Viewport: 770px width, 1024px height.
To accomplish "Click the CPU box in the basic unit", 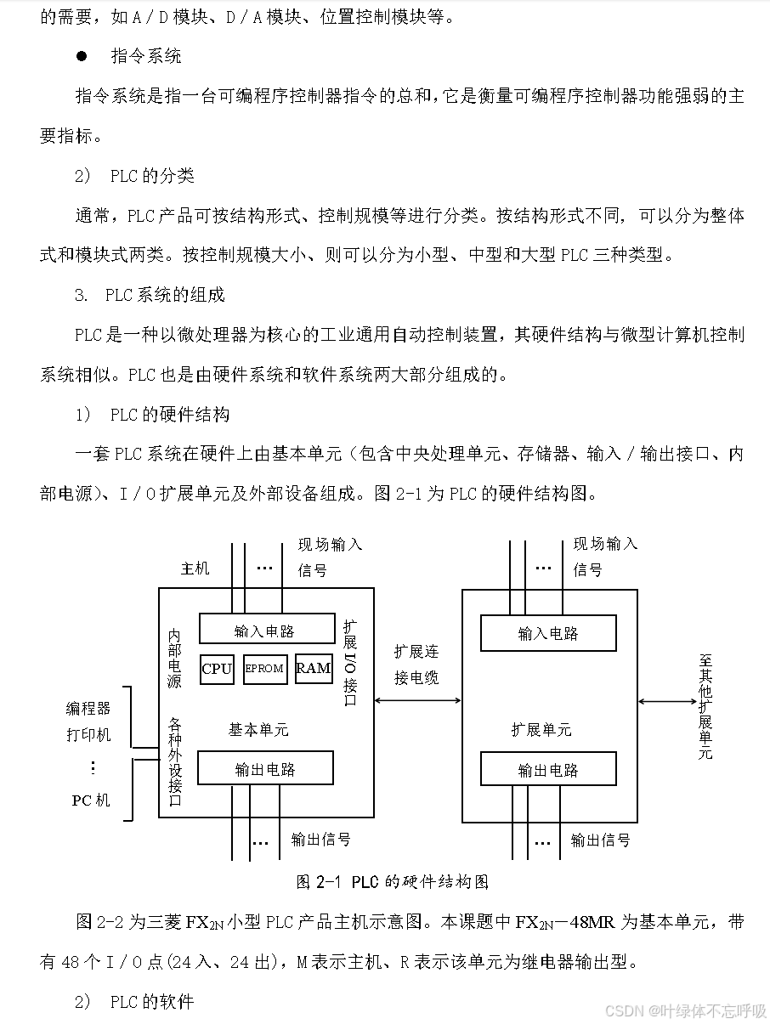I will pos(217,669).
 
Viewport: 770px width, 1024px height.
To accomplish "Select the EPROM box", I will pos(264,669).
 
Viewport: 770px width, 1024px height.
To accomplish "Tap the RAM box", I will pos(313,668).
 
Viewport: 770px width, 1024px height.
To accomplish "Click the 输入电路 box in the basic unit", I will pos(266,630).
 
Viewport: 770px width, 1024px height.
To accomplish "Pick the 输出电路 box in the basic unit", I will pos(265,769).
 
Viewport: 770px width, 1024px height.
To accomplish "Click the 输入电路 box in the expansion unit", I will pos(548,633).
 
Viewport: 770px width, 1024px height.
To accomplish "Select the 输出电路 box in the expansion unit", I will pos(548,770).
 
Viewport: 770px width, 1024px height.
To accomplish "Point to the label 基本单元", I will pos(258,729).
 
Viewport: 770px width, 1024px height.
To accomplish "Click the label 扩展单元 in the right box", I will pos(541,729).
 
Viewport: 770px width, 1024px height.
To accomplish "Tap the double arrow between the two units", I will pos(417,701).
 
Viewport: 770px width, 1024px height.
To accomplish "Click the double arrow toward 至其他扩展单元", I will pos(667,701).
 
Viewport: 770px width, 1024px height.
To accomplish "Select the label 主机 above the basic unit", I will pos(195,569).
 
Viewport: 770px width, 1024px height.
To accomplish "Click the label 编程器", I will pos(88,708).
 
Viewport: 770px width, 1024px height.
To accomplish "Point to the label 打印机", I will pos(88,734).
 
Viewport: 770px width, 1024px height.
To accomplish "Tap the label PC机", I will pos(90,800).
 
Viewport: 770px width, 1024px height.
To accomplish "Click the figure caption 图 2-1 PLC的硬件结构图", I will pos(392,881).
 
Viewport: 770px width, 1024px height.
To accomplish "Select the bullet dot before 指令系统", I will pos(82,56).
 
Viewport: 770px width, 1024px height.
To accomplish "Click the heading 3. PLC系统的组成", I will pos(150,295).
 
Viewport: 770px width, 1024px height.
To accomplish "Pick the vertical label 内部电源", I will pos(174,659).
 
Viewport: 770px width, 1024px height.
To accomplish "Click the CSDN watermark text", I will pos(684,1010).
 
